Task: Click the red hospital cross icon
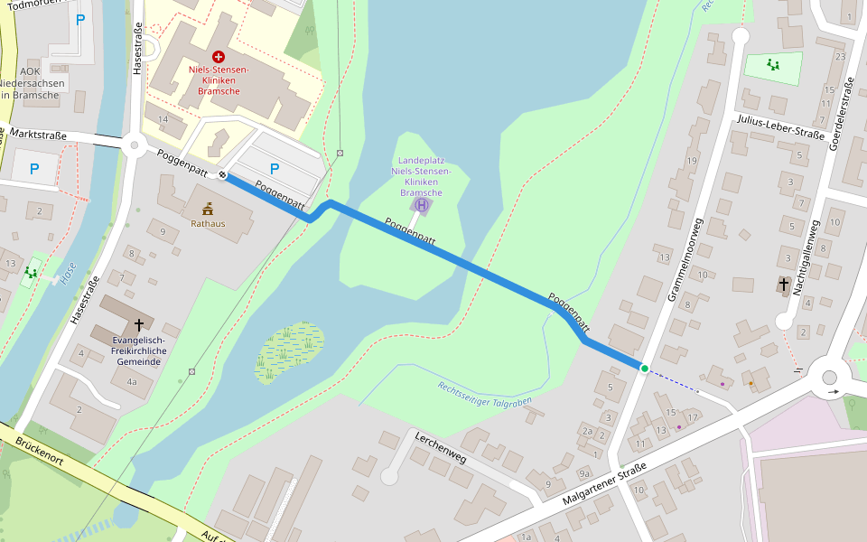pos(218,56)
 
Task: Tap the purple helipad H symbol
pos(421,205)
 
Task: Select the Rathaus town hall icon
pos(208,209)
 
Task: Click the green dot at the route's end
pos(644,368)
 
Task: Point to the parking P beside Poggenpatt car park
pos(275,168)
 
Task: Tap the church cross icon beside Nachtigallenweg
pos(784,285)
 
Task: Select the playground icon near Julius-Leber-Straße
pos(772,64)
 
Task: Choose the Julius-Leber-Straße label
pos(780,127)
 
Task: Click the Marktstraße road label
pos(33,135)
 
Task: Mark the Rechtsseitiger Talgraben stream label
pos(484,394)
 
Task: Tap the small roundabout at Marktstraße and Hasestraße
pos(135,144)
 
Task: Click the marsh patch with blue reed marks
pos(288,353)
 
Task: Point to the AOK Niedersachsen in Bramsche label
pos(32,82)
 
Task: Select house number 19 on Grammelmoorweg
pos(692,161)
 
